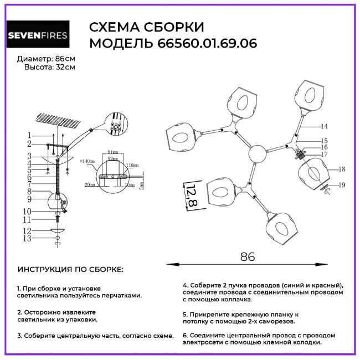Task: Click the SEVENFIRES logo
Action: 38,36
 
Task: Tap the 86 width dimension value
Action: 248,256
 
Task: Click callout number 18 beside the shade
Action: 342,169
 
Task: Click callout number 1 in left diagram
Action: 29,135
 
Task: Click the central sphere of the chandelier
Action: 258,153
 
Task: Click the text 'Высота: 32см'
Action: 49,67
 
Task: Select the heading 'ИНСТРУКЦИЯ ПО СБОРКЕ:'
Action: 71,270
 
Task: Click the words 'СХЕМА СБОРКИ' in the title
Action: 147,28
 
